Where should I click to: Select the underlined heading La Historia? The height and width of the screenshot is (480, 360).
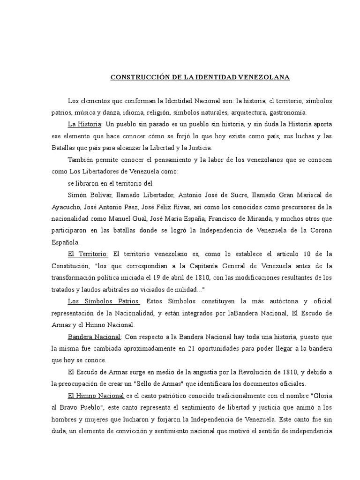[85, 124]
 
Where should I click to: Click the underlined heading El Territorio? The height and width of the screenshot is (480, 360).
[88, 254]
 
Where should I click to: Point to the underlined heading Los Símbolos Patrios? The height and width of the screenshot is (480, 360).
[104, 301]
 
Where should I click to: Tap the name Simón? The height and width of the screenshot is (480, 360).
[77, 195]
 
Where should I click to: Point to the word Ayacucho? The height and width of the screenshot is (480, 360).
[66, 207]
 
